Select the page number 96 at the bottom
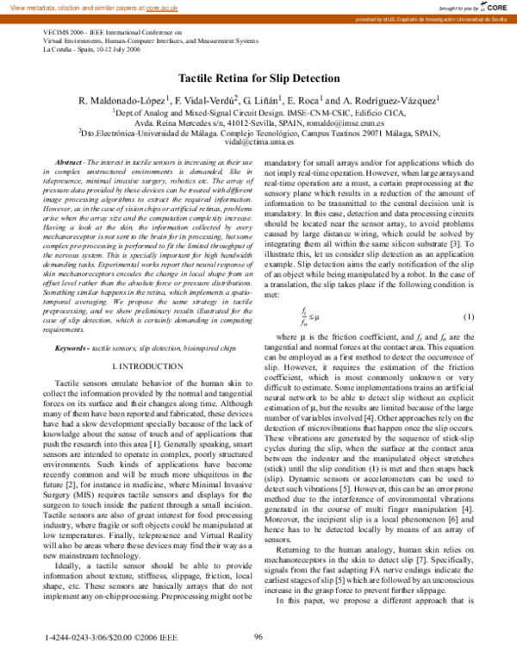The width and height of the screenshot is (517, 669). (x=258, y=637)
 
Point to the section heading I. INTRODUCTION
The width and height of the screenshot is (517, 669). (x=138, y=366)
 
